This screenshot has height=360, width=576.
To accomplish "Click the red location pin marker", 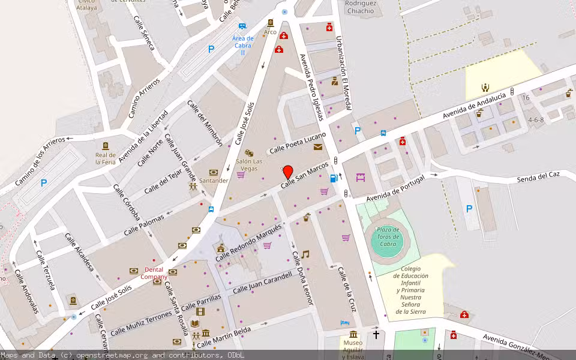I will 288,172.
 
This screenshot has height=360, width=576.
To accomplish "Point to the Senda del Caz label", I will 538,176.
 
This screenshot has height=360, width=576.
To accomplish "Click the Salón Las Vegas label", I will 249,164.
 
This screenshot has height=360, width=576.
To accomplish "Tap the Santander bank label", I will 214,180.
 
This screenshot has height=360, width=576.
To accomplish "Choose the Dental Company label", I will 154,274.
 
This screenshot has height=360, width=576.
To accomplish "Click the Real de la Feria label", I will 106,158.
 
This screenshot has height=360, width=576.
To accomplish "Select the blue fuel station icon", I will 334,178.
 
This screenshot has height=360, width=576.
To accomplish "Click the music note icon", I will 305,254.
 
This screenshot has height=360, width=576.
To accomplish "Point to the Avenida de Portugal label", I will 395,188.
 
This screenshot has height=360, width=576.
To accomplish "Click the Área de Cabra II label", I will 243,45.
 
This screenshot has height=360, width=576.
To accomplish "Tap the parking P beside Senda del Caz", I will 469,209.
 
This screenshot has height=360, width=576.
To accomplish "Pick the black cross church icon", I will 376,335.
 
